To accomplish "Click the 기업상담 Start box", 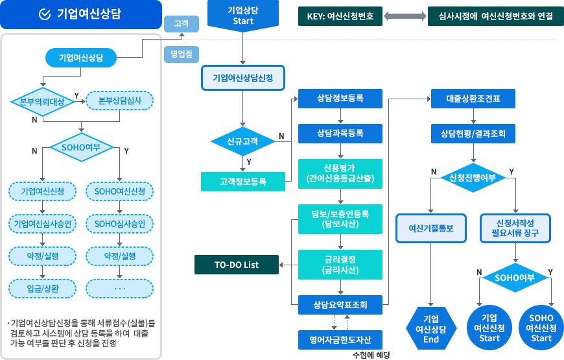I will pyautogui.click(x=243, y=16).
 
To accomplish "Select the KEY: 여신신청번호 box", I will pyautogui.click(x=339, y=16).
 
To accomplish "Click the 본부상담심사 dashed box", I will pyautogui.click(x=120, y=101).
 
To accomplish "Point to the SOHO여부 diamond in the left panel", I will pyautogui.click(x=80, y=147).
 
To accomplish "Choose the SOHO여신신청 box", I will pyautogui.click(x=120, y=191).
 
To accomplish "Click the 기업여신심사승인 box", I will pyautogui.click(x=42, y=224).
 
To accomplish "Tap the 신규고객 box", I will pyautogui.click(x=242, y=141).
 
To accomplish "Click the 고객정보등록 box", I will pyautogui.click(x=242, y=182).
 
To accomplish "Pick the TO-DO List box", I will pyautogui.click(x=237, y=265).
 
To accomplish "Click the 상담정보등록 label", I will pyautogui.click(x=340, y=99).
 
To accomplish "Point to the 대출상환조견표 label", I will pyautogui.click(x=473, y=99).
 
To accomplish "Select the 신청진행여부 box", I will pyautogui.click(x=472, y=177).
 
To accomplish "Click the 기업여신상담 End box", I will pyautogui.click(x=431, y=328).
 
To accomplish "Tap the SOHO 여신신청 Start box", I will pyautogui.click(x=541, y=328).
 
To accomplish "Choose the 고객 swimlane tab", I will pyautogui.click(x=182, y=23).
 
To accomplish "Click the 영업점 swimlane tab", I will pyautogui.click(x=181, y=54).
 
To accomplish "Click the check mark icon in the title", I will pyautogui.click(x=45, y=14).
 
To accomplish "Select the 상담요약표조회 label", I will pyautogui.click(x=340, y=304).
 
